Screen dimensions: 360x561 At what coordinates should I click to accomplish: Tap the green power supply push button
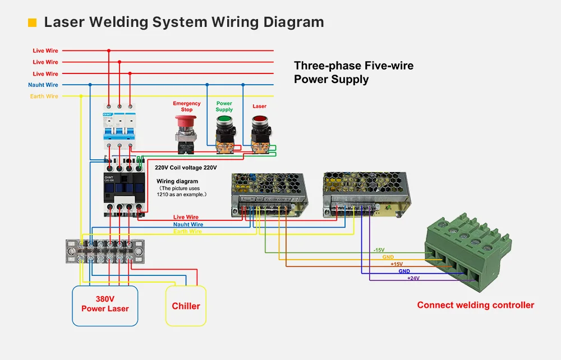coord(224,122)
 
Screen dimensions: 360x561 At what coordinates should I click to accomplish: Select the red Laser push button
coord(260,122)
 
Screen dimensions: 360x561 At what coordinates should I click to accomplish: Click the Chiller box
coord(186,306)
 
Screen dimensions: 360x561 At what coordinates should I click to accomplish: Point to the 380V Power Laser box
coord(105,304)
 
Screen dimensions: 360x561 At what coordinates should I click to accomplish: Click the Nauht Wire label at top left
coord(43,85)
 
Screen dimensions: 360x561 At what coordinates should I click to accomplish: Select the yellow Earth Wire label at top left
coord(44,96)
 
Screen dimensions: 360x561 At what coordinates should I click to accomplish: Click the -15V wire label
coord(379,250)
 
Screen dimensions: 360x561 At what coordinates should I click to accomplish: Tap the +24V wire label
coord(413,278)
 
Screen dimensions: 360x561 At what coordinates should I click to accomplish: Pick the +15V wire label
coord(397,264)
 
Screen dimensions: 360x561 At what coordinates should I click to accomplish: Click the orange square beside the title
coord(32,23)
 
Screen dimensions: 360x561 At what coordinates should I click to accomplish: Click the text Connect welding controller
coord(475,306)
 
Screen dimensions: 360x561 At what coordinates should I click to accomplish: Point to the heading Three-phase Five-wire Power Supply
coord(353,72)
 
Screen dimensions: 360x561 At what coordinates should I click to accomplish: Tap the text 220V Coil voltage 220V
coord(186,168)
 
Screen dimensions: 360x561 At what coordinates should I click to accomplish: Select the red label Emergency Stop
coord(187,107)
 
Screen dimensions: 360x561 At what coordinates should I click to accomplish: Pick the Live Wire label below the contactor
coord(186,217)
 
